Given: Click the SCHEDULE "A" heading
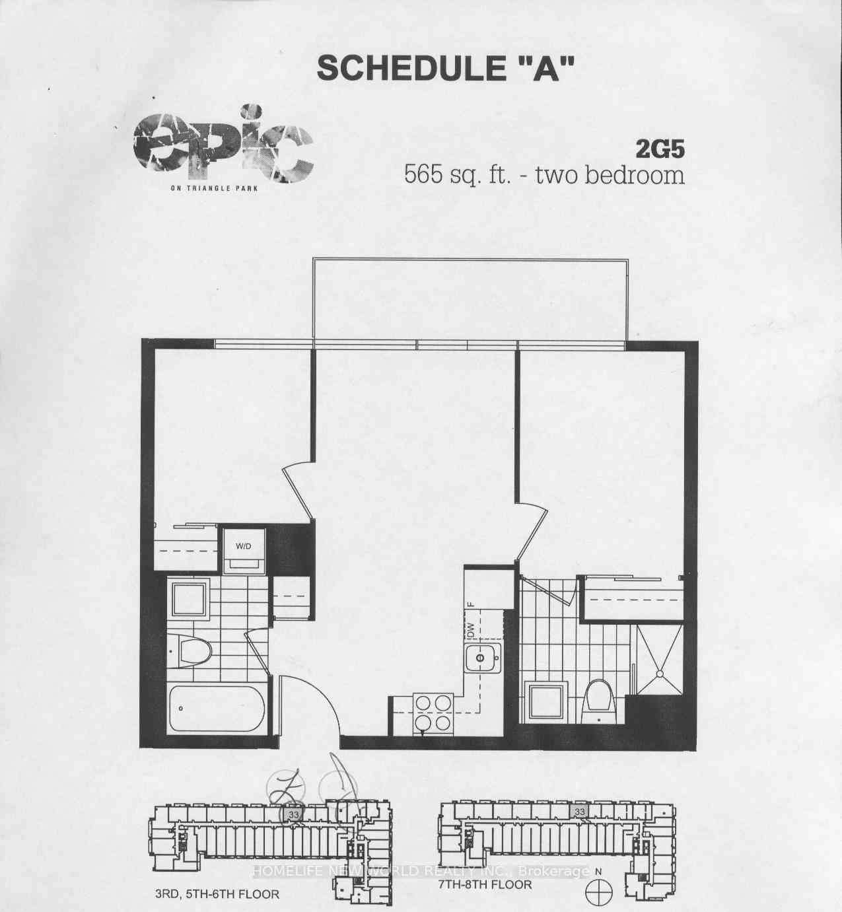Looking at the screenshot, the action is coord(446,68).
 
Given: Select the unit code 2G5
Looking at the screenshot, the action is coord(660,149).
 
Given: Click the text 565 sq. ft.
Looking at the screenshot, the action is coord(458,176).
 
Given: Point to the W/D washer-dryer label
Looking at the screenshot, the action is coord(244,546).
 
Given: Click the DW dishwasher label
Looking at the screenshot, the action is coord(470,633).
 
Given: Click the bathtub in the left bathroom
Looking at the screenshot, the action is coord(217,709).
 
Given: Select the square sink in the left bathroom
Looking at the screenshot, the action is coord(190,599).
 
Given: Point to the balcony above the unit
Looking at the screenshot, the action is coord(470,300).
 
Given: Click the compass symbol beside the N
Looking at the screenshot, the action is coord(599,892).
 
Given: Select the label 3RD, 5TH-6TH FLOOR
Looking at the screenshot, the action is coord(217,894).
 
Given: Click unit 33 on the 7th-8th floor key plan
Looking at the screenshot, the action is coord(580,812).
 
